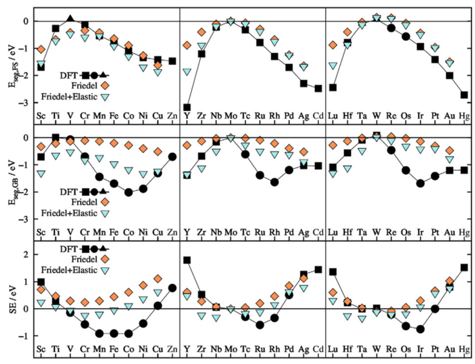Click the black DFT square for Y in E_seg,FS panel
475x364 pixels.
187,107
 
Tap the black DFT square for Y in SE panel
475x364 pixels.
187,260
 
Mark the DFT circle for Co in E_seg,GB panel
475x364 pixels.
129,192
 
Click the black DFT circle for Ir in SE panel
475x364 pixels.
420,329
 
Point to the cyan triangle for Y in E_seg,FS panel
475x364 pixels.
187,72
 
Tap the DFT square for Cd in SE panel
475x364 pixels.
318,269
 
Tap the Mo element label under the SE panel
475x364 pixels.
231,351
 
